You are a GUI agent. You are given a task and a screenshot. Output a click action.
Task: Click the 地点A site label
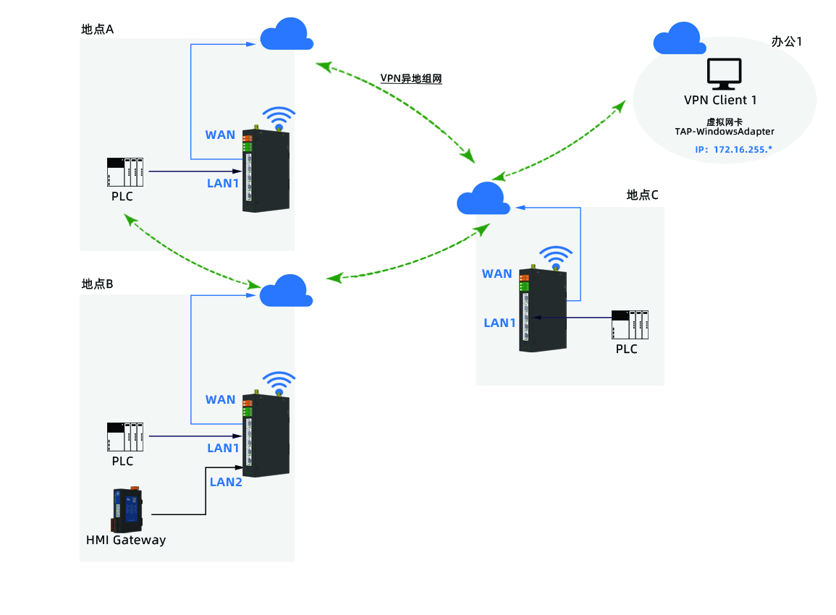tap(98, 29)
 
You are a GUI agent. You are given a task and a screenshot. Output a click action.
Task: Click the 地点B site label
tap(98, 284)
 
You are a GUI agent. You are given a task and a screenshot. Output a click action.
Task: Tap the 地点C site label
tap(642, 195)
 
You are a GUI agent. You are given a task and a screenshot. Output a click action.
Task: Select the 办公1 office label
tap(787, 41)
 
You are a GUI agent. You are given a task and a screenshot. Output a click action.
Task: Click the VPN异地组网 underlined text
tap(410, 78)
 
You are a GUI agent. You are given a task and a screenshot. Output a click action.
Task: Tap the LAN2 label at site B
tap(226, 481)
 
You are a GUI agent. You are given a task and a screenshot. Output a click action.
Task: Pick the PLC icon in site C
tap(629, 324)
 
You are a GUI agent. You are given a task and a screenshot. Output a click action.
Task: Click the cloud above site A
tap(287, 35)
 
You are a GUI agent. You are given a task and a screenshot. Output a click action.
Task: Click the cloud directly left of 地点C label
tap(483, 199)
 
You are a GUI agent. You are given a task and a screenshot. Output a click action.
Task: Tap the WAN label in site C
tap(497, 273)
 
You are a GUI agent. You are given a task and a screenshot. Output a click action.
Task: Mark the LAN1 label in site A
tap(223, 183)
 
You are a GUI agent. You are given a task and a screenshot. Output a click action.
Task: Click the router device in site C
tap(544, 313)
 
